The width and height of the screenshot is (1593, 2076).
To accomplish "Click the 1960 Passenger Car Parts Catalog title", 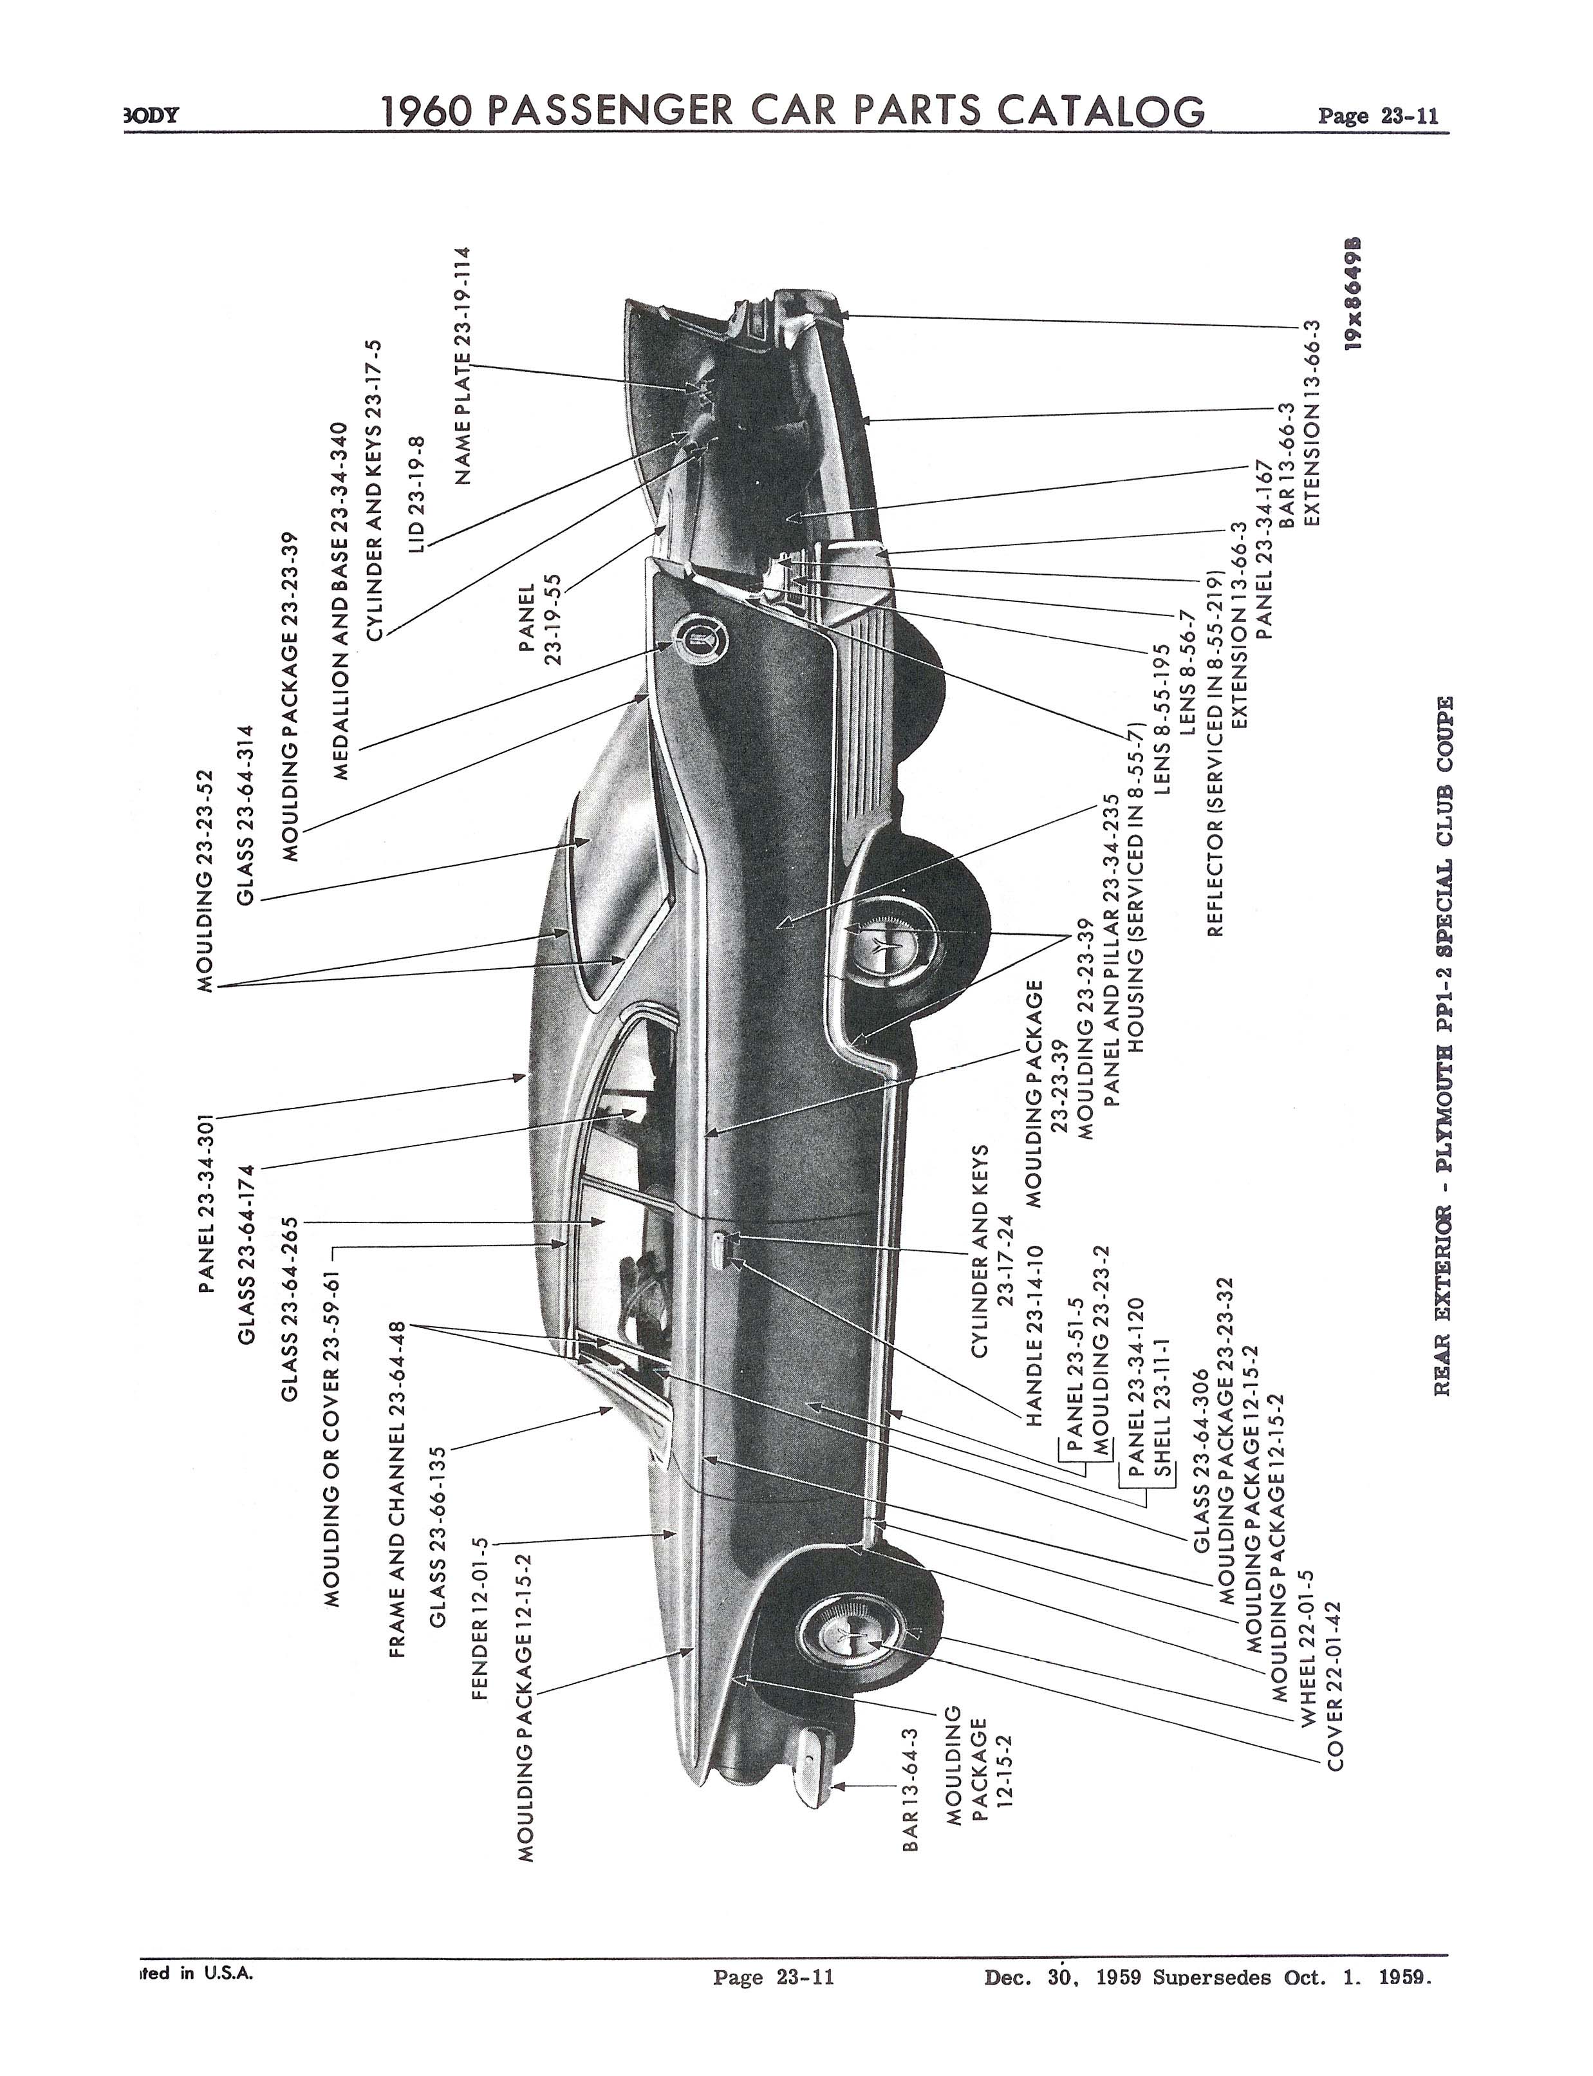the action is point(793,111).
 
